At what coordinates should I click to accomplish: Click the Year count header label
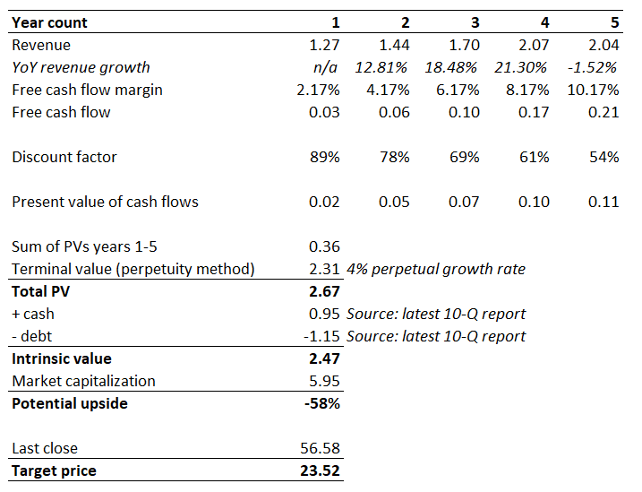click(x=49, y=22)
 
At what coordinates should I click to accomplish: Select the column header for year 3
click(x=475, y=22)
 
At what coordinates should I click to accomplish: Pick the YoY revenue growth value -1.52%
click(x=593, y=67)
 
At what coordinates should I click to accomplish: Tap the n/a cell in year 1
click(x=328, y=67)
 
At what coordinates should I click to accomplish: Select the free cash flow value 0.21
click(x=603, y=112)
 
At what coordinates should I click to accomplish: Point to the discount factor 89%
click(x=324, y=157)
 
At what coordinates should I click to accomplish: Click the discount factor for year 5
click(x=603, y=157)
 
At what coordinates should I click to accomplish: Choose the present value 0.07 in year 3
click(x=464, y=202)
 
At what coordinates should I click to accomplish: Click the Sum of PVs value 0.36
click(x=324, y=246)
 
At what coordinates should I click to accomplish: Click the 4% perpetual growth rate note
click(x=435, y=269)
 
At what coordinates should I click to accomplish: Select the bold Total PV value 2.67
click(x=323, y=291)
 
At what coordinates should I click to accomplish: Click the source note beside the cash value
click(x=435, y=314)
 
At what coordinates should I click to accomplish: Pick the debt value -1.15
click(x=321, y=336)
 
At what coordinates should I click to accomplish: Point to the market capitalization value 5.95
click(x=324, y=381)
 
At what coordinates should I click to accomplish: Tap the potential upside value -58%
click(x=322, y=403)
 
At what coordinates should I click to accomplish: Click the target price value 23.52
click(x=320, y=470)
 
